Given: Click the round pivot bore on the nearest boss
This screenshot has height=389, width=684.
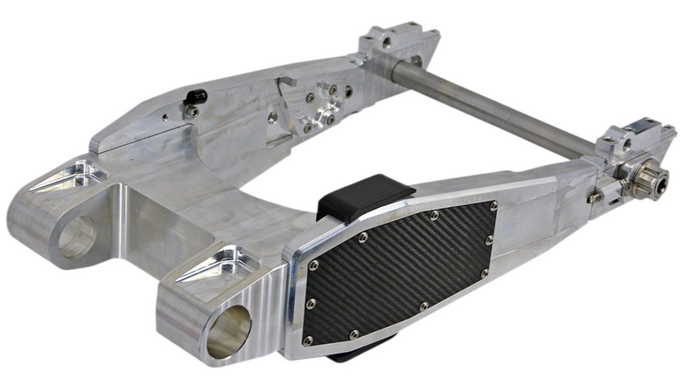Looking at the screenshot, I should coord(229,331).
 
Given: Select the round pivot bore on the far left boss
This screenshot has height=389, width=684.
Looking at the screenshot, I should coord(77,237).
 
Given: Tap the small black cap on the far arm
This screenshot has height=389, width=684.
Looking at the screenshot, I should coord(195,97).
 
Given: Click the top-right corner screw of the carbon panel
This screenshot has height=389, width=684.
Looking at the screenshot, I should coord(494,206).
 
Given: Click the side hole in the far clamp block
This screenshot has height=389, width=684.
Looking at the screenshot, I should coord(388,44).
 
